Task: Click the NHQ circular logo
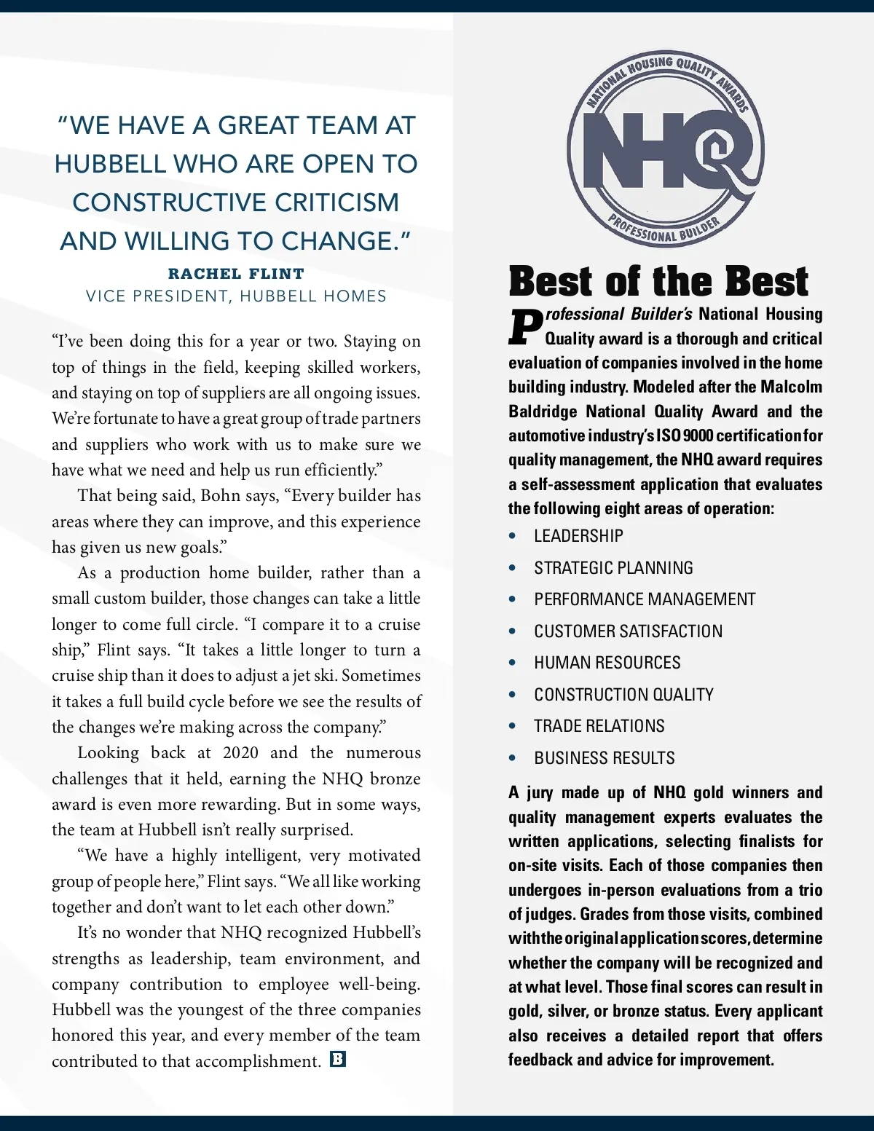[666, 150]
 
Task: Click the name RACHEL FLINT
[236, 274]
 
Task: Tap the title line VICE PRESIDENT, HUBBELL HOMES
[236, 296]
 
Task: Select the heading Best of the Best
[658, 281]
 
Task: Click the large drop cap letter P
[525, 328]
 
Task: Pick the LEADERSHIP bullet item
[578, 536]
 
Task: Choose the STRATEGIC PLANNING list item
[613, 568]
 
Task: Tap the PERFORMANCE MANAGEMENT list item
[645, 599]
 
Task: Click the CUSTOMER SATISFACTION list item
[628, 631]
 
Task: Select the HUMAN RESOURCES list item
[607, 663]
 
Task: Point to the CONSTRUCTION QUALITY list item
[623, 695]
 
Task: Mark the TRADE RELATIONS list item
[599, 726]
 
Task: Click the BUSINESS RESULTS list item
[604, 758]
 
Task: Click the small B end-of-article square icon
[338, 1059]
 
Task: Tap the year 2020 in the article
[240, 752]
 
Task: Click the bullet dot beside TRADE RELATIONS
[513, 726]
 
